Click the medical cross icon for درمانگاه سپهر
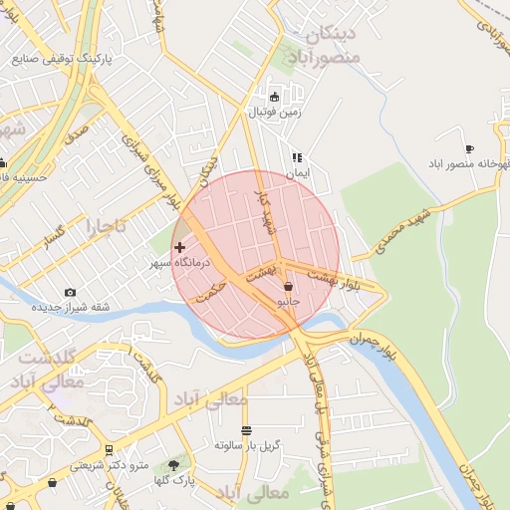[179, 247]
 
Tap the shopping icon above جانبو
[288, 286]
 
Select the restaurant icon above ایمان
[296, 157]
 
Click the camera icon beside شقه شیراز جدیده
[70, 292]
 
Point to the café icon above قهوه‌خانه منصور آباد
[470, 148]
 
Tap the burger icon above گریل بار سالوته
[246, 430]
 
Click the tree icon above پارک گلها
[175, 464]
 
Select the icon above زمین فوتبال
[276, 98]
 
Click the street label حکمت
[213, 291]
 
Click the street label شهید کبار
[265, 211]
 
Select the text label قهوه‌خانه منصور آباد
[469, 162]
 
